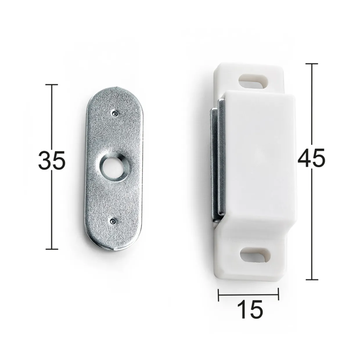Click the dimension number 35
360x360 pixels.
click(x=52, y=161)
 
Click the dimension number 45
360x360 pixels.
click(x=312, y=158)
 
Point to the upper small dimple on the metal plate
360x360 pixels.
click(x=114, y=113)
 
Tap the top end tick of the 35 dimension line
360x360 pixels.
click(x=52, y=84)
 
